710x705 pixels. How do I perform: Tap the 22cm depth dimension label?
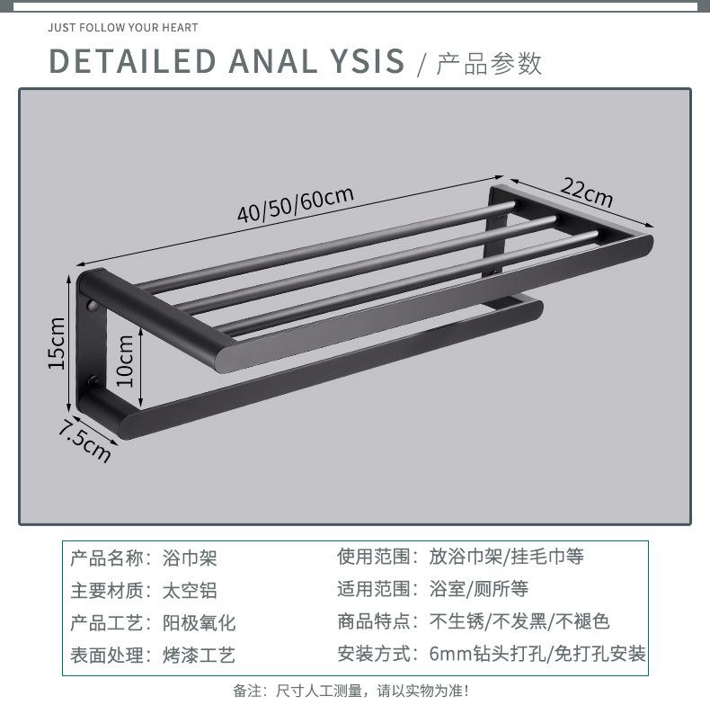[x=587, y=191]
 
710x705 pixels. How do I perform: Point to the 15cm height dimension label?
[x=56, y=343]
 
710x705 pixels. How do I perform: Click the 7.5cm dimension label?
[x=84, y=439]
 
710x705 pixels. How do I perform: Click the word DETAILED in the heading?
[x=132, y=60]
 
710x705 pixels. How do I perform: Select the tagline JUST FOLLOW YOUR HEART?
[x=123, y=28]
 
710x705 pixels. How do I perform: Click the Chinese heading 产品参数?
[x=489, y=63]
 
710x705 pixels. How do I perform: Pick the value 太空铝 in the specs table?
[x=190, y=591]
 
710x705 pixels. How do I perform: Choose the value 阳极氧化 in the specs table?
[x=199, y=623]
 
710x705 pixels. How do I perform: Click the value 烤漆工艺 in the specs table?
[x=199, y=656]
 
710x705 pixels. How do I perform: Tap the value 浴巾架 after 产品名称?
[x=190, y=558]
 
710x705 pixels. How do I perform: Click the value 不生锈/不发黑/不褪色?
[x=519, y=621]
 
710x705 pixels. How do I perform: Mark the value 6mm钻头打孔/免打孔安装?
[x=537, y=654]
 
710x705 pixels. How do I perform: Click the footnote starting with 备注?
[x=351, y=691]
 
